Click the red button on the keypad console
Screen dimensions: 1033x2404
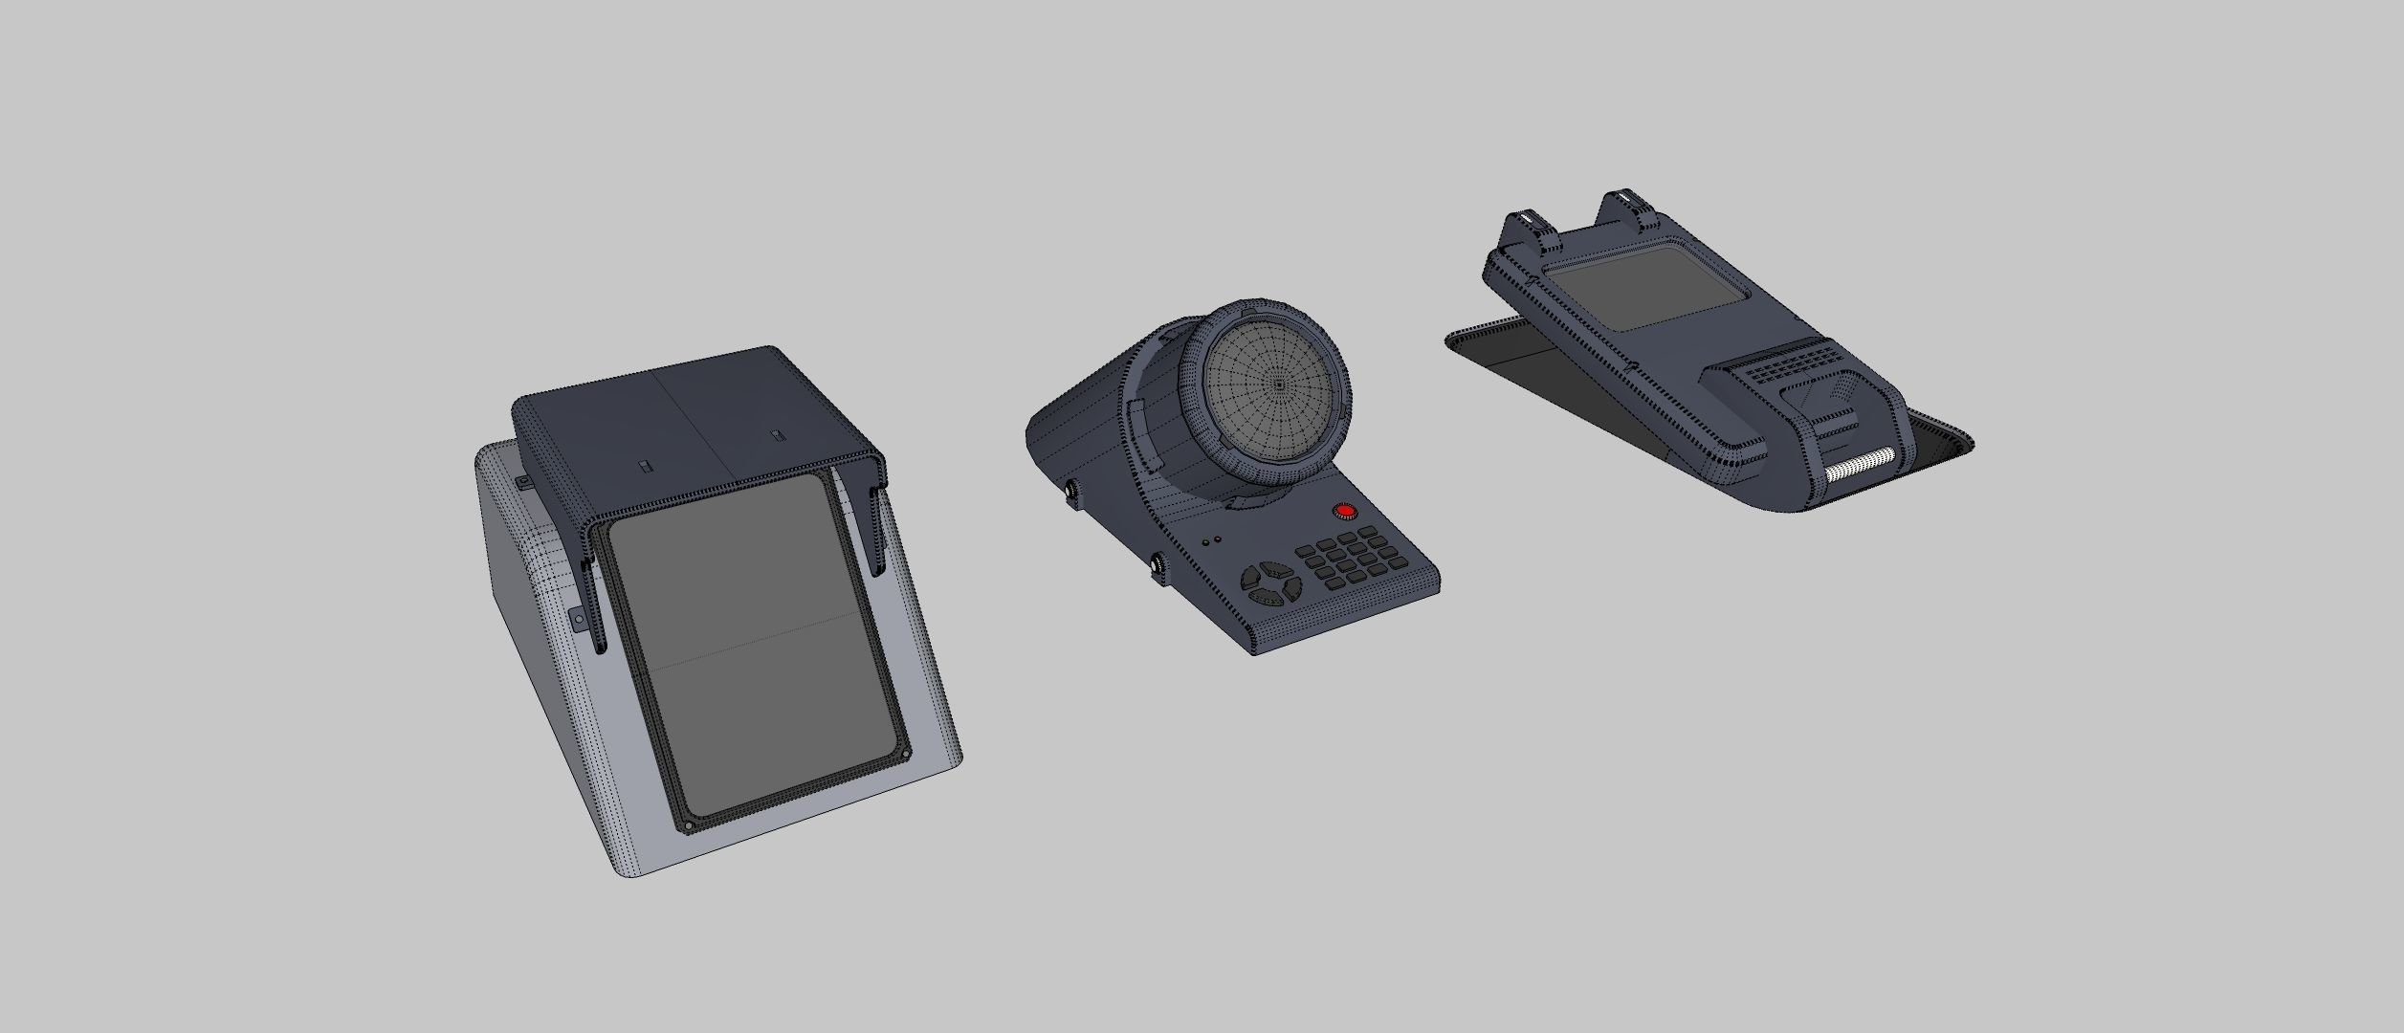(1345, 511)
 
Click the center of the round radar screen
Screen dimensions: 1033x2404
(1280, 384)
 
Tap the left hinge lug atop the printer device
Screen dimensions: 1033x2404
(1528, 230)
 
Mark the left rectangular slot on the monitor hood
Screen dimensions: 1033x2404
(644, 467)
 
